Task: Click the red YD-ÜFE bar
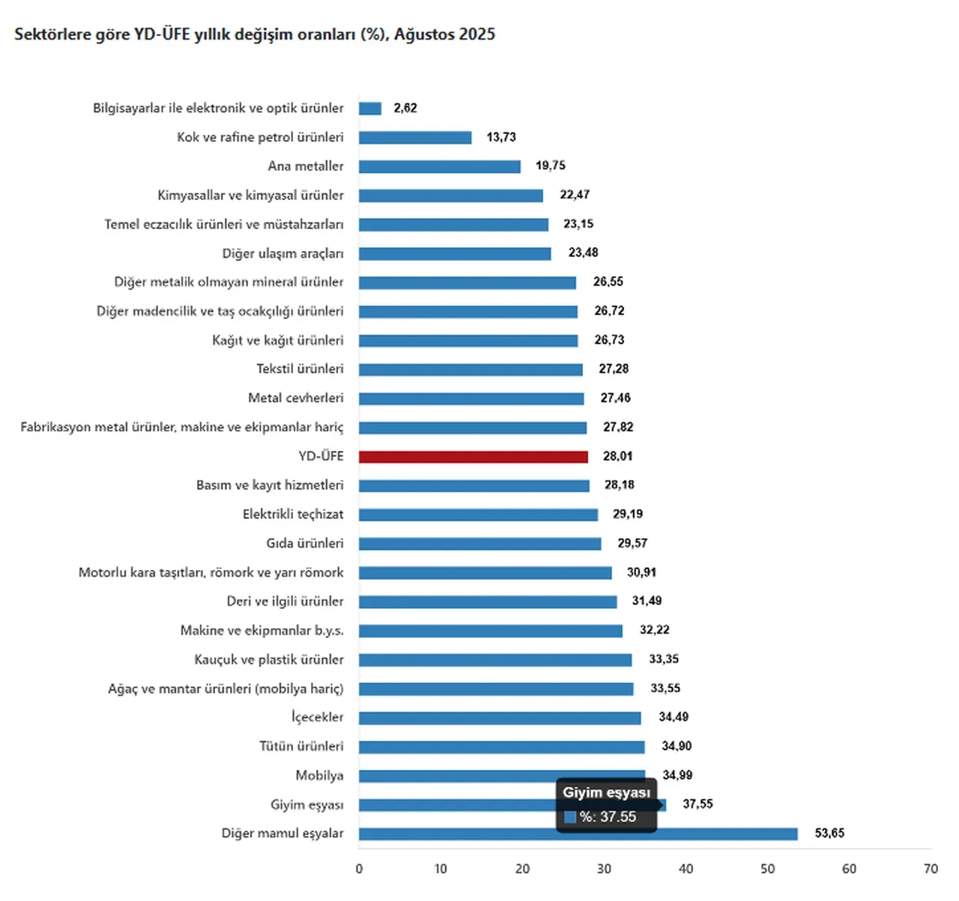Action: pyautogui.click(x=473, y=457)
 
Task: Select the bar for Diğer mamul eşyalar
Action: pyautogui.click(x=578, y=834)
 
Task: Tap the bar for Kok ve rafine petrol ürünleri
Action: pyautogui.click(x=415, y=138)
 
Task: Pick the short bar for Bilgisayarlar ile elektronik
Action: pyautogui.click(x=370, y=109)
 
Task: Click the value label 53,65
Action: pyautogui.click(x=829, y=834)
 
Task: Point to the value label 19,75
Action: pyautogui.click(x=550, y=166)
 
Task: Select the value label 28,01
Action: pyautogui.click(x=618, y=456)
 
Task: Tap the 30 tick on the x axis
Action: pyautogui.click(x=604, y=869)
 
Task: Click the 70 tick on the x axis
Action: pyautogui.click(x=931, y=869)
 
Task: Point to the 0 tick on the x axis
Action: pyautogui.click(x=359, y=869)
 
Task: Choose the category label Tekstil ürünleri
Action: pyautogui.click(x=300, y=369)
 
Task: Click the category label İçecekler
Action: pyautogui.click(x=318, y=718)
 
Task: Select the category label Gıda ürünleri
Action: pyautogui.click(x=305, y=544)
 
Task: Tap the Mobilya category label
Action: pyautogui.click(x=319, y=776)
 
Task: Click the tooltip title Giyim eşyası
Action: pyautogui.click(x=606, y=792)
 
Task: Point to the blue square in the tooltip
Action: pyautogui.click(x=570, y=817)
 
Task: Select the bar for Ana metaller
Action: pyautogui.click(x=439, y=166)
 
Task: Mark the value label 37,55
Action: pyautogui.click(x=698, y=804)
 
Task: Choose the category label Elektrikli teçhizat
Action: pyautogui.click(x=293, y=515)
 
